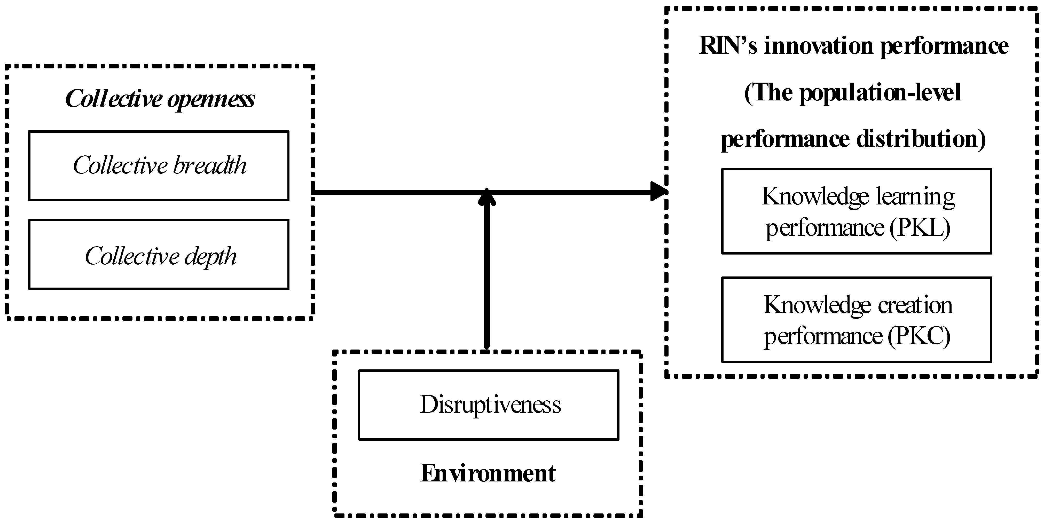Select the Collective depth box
pos(159,255)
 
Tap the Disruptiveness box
pos(488,405)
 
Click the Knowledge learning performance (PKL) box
pos(856,211)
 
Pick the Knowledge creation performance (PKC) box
pos(856,320)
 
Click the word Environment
pos(488,473)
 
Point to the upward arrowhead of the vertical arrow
pos(487,196)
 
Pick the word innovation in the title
pos(819,46)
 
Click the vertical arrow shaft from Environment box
pos(487,275)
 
